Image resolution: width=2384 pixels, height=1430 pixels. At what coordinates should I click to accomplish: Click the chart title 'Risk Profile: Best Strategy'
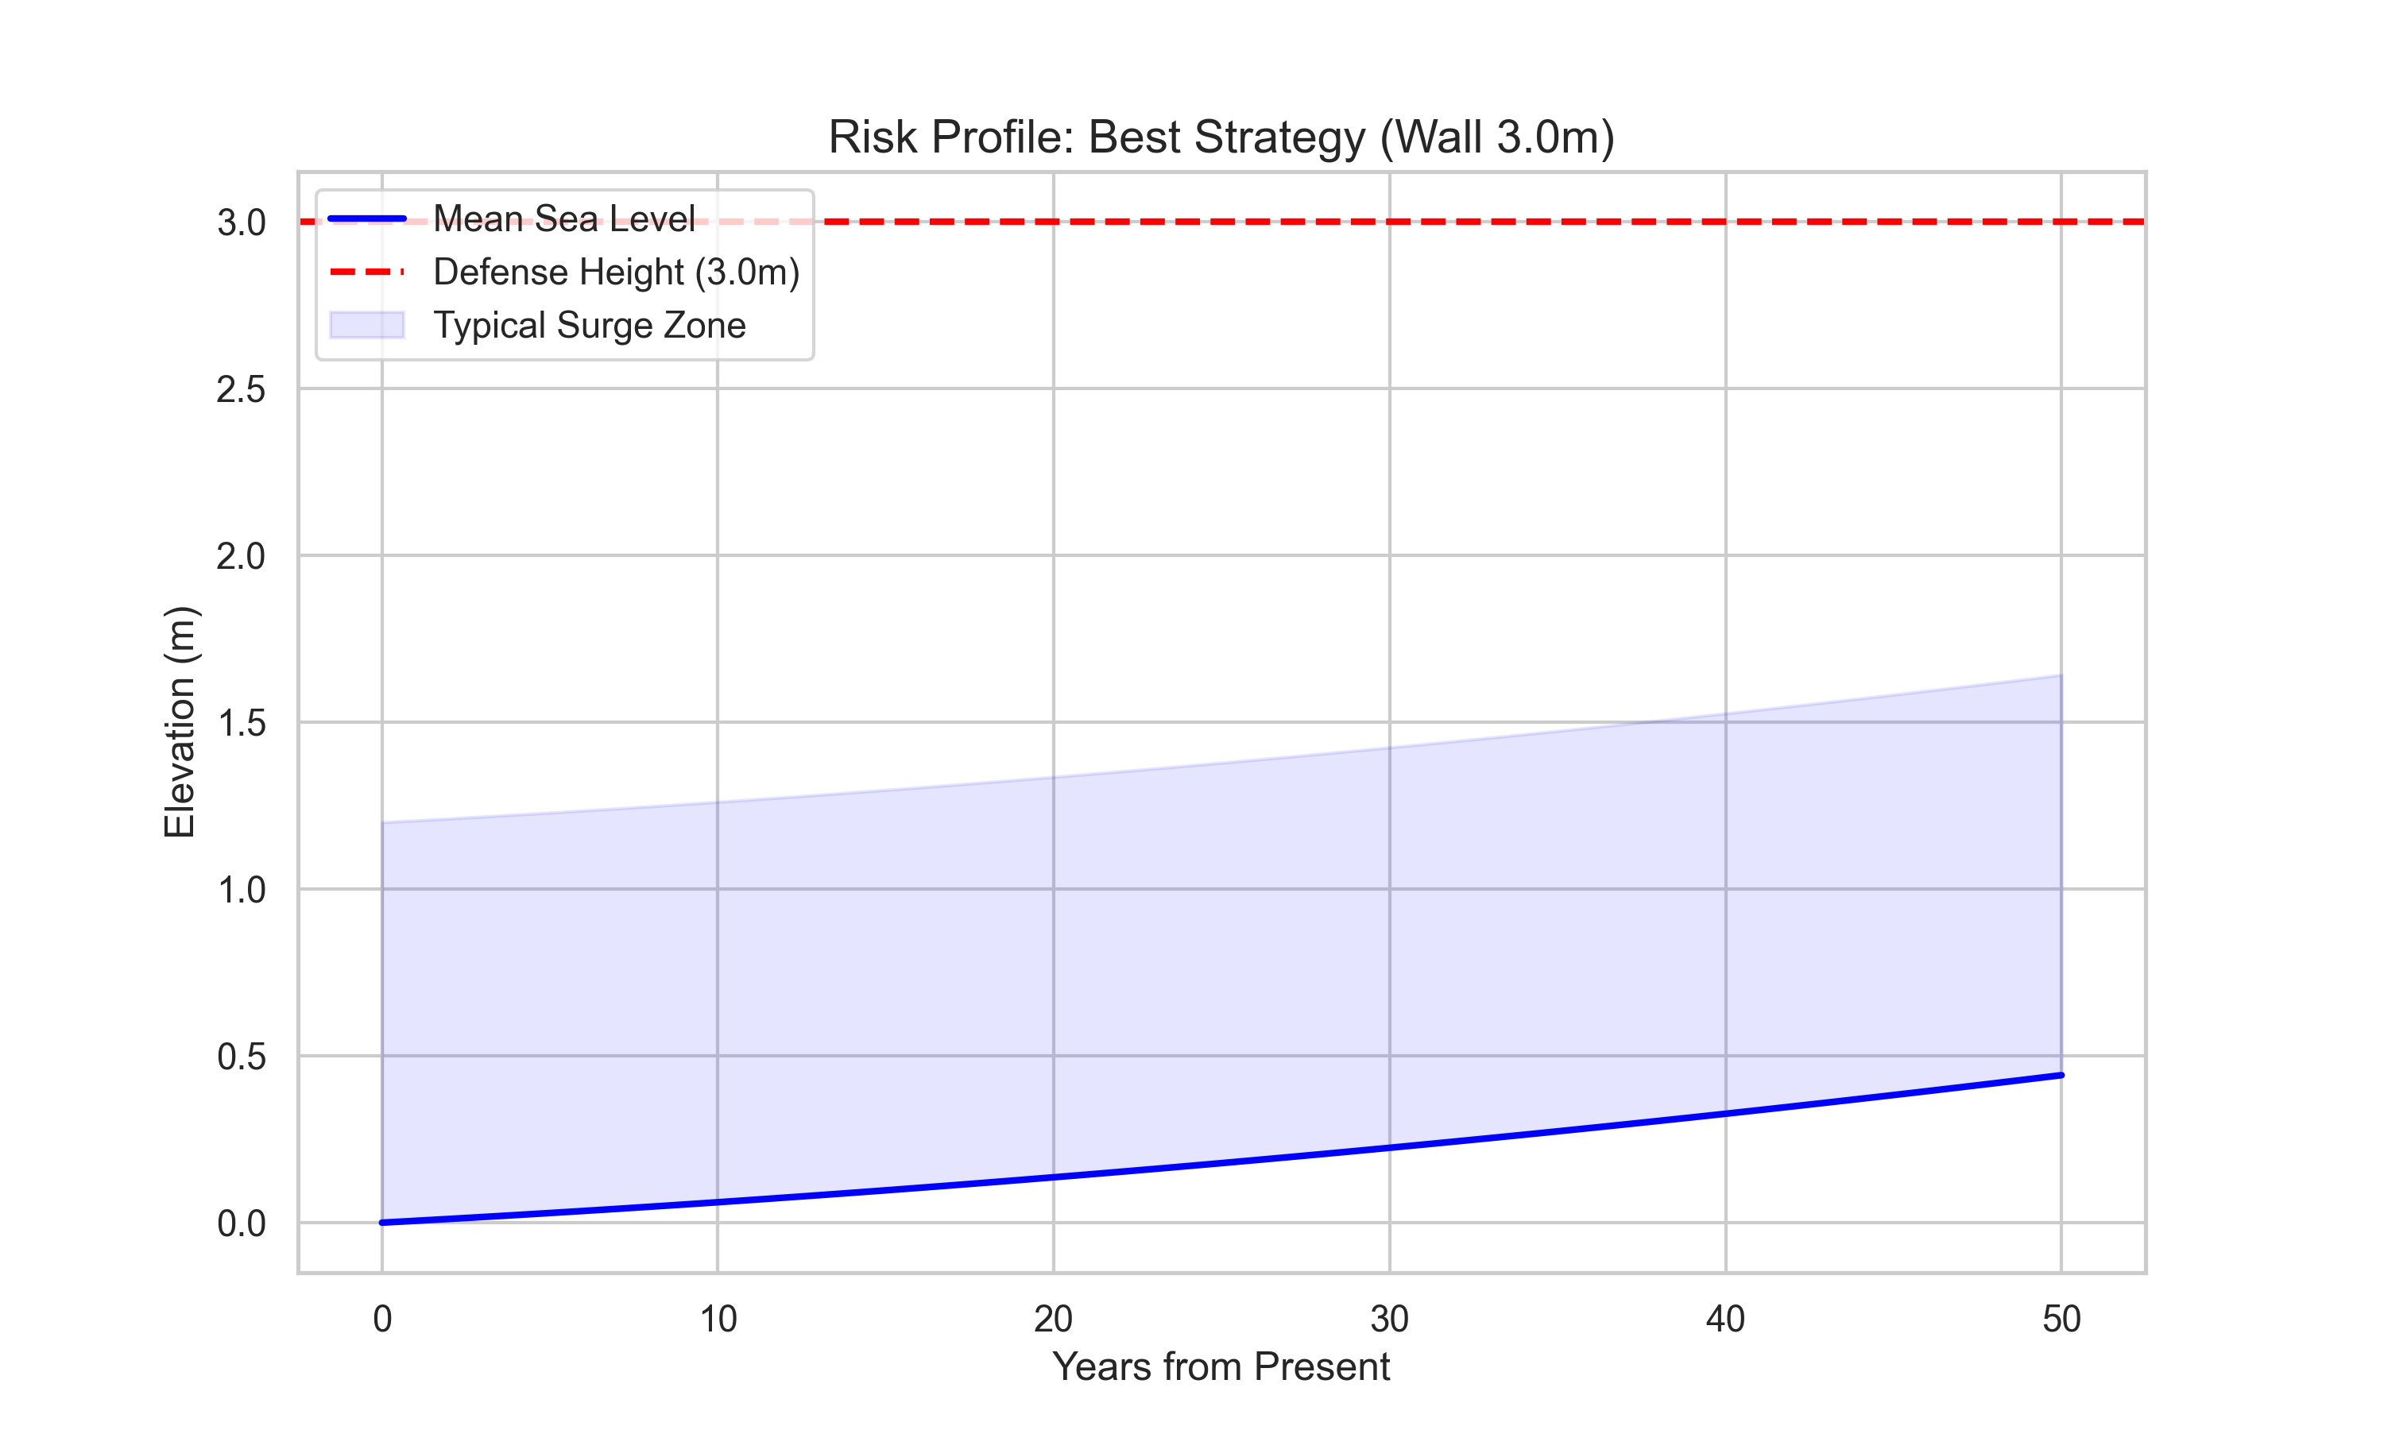[1220, 137]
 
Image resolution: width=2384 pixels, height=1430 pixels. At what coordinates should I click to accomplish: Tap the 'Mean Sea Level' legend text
[563, 218]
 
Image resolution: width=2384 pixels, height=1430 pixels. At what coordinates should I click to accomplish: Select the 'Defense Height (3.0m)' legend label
[616, 272]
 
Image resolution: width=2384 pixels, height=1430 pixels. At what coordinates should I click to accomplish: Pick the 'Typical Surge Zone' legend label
[589, 325]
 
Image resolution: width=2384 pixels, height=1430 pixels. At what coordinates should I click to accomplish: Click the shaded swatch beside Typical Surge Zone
[366, 325]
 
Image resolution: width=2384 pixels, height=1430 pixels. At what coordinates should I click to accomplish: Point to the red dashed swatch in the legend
[366, 272]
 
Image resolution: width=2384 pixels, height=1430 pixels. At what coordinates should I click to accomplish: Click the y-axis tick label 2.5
[240, 389]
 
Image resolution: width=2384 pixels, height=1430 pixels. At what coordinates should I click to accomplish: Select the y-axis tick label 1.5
[240, 723]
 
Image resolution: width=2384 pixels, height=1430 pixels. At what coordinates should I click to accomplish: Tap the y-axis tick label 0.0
[240, 1223]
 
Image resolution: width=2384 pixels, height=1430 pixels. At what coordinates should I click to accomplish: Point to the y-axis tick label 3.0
[240, 222]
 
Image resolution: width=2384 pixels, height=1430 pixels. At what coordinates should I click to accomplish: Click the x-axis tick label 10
[717, 1318]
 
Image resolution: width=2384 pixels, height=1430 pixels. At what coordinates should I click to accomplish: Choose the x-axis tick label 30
[1388, 1318]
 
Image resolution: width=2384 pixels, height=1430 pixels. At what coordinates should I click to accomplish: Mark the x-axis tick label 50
[2061, 1318]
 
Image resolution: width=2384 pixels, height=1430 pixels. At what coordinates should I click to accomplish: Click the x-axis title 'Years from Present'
[1220, 1366]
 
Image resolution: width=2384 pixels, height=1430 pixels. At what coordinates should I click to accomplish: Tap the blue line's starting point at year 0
[382, 1222]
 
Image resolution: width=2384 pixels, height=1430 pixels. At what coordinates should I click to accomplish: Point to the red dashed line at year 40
[1725, 222]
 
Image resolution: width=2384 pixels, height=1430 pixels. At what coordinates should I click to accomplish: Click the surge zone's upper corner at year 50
[2061, 675]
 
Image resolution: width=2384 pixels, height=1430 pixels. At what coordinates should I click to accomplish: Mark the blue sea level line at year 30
[1388, 1146]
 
